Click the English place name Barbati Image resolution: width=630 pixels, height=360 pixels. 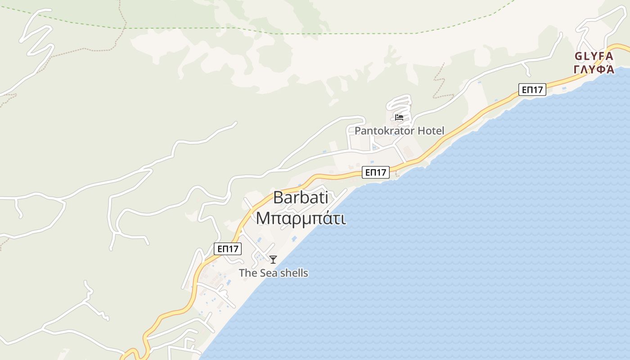[x=300, y=198]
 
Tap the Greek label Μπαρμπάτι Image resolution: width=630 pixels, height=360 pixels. [x=301, y=218]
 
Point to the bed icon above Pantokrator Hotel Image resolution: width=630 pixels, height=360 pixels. [x=399, y=118]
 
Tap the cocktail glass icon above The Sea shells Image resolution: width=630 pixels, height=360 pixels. [x=273, y=259]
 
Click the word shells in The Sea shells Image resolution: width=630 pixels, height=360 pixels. [x=293, y=273]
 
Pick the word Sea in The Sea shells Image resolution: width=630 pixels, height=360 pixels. [x=267, y=273]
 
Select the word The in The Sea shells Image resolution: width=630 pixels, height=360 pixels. [x=247, y=273]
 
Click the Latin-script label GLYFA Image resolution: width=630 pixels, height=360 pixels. [x=594, y=57]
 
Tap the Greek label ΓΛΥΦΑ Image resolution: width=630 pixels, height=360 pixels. [x=594, y=69]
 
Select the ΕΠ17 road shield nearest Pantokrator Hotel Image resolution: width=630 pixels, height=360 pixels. [x=376, y=172]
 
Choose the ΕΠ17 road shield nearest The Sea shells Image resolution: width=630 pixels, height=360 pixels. [x=228, y=249]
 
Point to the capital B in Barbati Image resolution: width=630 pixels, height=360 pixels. [x=279, y=198]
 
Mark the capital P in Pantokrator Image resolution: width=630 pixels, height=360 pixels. [x=358, y=131]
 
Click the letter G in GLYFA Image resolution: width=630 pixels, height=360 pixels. [x=579, y=57]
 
